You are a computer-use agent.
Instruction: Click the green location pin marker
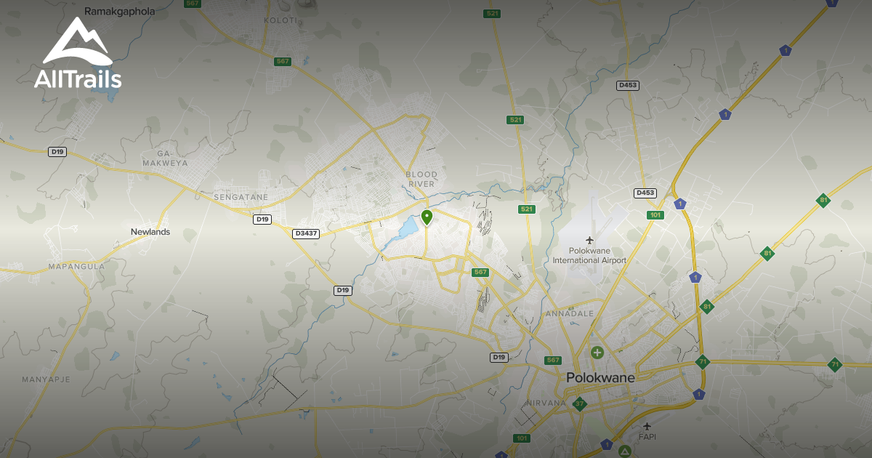point(427,217)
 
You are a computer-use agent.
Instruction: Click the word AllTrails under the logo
point(78,79)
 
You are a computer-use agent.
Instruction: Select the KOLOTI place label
point(280,20)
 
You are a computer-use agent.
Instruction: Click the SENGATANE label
point(241,197)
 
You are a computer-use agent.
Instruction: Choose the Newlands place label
point(150,232)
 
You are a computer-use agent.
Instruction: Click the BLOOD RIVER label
point(421,179)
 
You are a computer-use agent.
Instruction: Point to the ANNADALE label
point(570,313)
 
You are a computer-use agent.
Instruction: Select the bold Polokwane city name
point(600,378)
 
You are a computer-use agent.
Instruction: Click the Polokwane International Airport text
point(589,255)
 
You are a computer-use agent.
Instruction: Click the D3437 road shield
point(305,233)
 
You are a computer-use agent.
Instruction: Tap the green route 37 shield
point(579,403)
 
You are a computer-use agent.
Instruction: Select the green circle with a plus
point(597,353)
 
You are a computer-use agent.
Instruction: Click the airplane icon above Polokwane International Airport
point(589,240)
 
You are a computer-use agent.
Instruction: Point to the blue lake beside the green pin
point(405,230)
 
